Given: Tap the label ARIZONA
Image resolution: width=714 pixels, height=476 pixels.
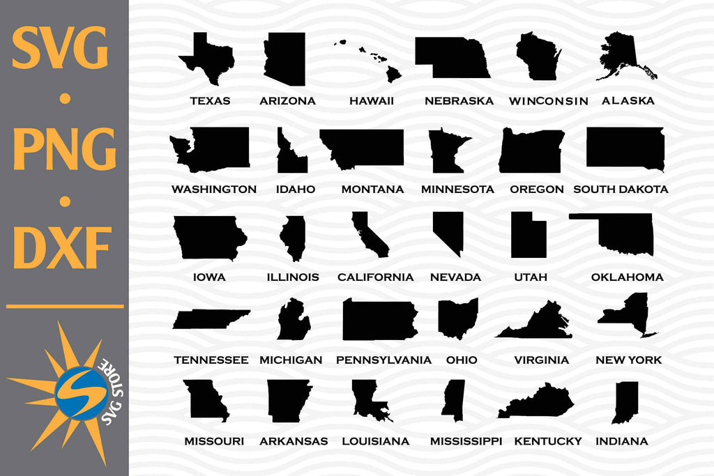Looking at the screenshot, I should pyautogui.click(x=287, y=101).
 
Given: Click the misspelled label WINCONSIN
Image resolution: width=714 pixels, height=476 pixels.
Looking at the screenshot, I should pyautogui.click(x=548, y=101).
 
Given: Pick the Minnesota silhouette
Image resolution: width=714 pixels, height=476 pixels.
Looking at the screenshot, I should pyautogui.click(x=445, y=151).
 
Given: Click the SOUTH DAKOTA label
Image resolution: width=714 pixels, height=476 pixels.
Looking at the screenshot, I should pyautogui.click(x=621, y=189).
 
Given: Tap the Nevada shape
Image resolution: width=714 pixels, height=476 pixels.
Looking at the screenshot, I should pyautogui.click(x=448, y=231).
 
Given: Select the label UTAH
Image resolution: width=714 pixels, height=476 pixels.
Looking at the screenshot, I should pyautogui.click(x=531, y=277).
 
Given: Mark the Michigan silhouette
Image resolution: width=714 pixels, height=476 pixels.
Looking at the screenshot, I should pyautogui.click(x=294, y=323).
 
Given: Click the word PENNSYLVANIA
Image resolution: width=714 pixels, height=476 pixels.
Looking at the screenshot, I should pyautogui.click(x=383, y=360).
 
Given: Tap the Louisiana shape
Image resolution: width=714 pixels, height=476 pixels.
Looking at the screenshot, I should pyautogui.click(x=369, y=400).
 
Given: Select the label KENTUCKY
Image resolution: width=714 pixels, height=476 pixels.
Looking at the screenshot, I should pyautogui.click(x=548, y=441).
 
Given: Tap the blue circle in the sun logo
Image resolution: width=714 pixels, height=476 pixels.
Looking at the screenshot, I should pyautogui.click(x=81, y=392).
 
